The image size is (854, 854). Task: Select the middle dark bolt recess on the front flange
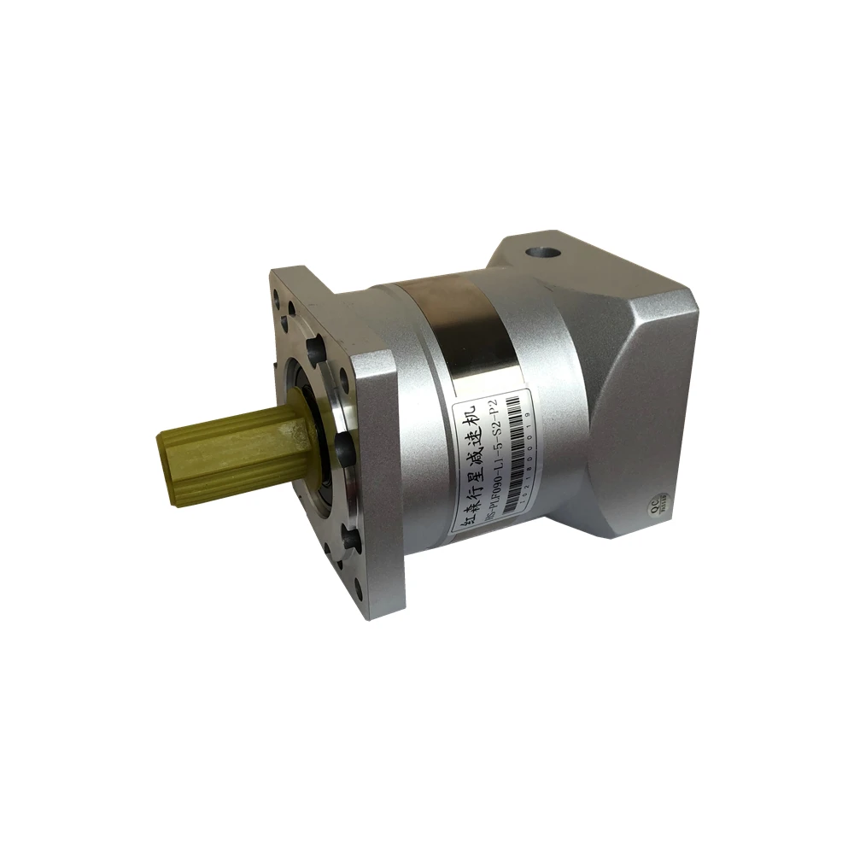point(343,444)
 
